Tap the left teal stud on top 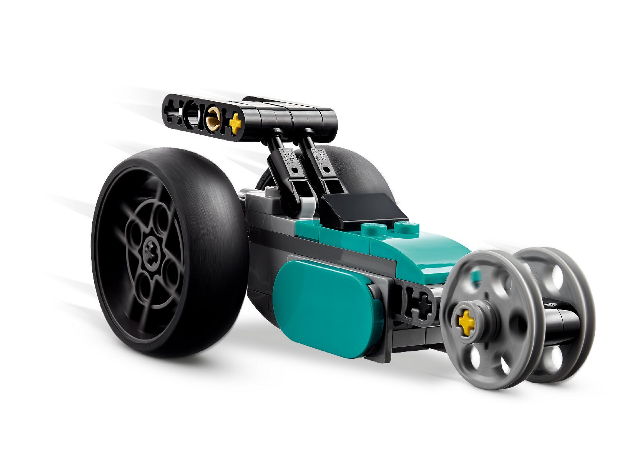pos(371,229)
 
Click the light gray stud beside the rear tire pos(271,191)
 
